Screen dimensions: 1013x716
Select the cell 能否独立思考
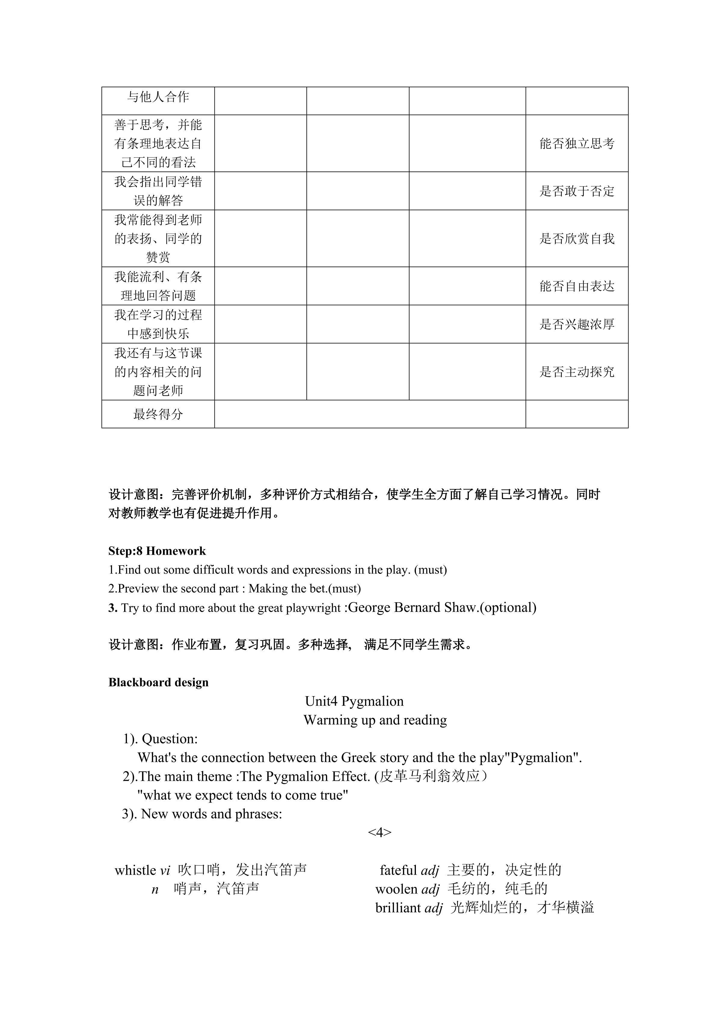[x=577, y=144]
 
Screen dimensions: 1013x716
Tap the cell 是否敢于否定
[x=577, y=191]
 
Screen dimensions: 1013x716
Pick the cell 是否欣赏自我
[x=577, y=239]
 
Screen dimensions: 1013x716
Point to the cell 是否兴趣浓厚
[x=577, y=324]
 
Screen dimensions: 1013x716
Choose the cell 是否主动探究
[x=577, y=372]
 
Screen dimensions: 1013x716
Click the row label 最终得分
[x=158, y=414]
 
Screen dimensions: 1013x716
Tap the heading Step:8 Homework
[x=157, y=551]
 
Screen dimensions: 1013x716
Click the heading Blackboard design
[x=158, y=683]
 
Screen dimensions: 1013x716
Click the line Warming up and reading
[x=375, y=720]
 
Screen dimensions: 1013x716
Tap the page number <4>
[x=380, y=832]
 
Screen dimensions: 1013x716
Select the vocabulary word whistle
[x=135, y=870]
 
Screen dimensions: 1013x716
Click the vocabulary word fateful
[x=398, y=870]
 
